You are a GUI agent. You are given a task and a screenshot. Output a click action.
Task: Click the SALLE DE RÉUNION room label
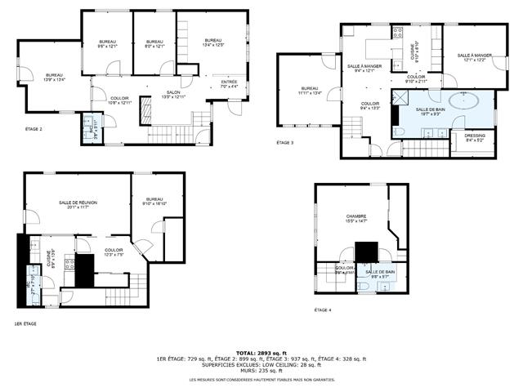[x=78, y=204]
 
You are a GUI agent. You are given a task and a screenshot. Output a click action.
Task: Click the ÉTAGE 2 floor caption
[x=34, y=129]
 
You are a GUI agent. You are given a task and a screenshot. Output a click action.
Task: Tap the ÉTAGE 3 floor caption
[x=284, y=143]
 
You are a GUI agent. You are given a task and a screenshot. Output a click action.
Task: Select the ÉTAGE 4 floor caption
[x=324, y=310]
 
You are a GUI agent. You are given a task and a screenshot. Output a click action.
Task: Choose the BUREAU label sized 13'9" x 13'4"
[x=55, y=76]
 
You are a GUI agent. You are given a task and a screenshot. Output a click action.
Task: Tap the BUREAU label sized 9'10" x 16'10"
[x=154, y=201]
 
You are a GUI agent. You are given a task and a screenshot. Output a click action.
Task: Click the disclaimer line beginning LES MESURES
[x=261, y=381]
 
